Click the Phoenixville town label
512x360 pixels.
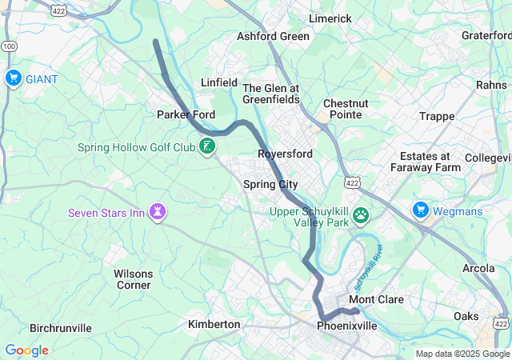pos(346,326)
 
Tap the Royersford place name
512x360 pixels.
pos(285,153)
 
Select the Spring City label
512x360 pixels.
pos(270,184)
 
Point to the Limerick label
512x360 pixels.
pos(330,18)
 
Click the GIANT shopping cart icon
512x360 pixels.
pos(13,78)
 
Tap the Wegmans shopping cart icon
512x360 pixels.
pos(421,210)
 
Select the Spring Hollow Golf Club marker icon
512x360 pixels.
pos(207,146)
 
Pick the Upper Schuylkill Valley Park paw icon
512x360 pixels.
pos(362,214)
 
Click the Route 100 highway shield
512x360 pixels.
pos(8,47)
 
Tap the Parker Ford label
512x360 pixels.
pos(186,114)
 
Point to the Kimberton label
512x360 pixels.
pos(214,324)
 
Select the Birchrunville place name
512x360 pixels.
pos(61,328)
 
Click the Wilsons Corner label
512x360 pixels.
pos(133,278)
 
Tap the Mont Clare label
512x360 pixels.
pos(376,300)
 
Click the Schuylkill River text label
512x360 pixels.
pos(370,268)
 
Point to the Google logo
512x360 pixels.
pos(26,350)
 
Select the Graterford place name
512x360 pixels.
pos(486,35)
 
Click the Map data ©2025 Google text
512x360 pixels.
pos(462,354)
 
